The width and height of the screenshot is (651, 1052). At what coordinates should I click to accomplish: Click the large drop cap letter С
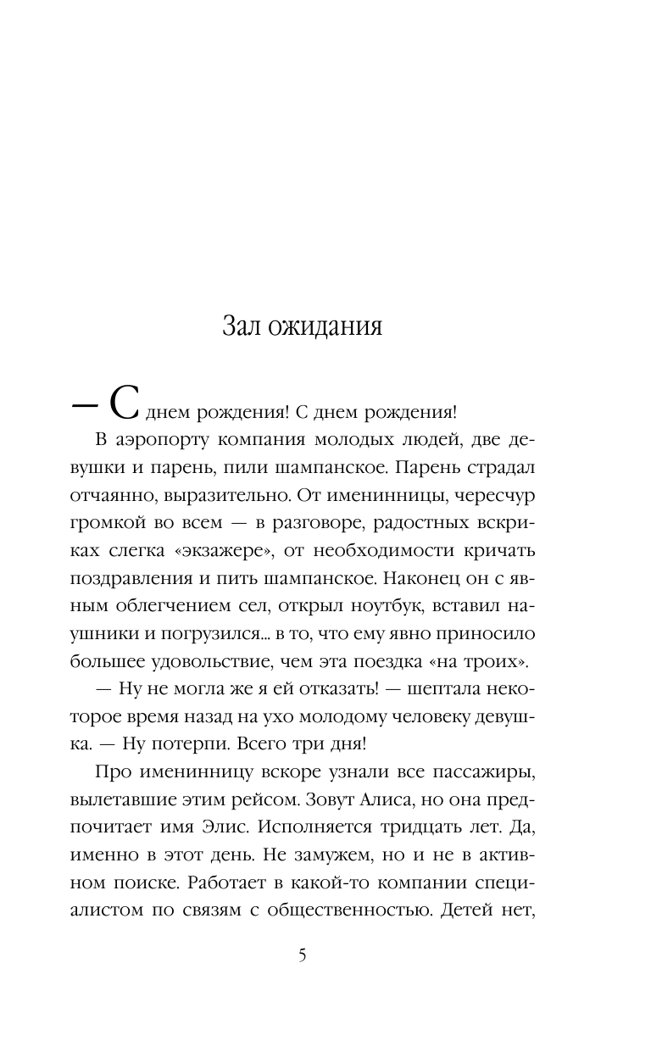[x=124, y=404]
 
